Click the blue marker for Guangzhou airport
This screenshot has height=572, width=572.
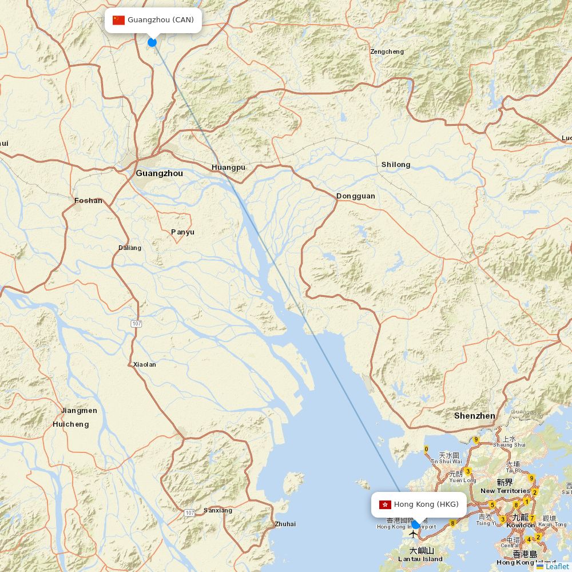click(x=152, y=42)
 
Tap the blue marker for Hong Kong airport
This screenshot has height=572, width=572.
click(x=416, y=524)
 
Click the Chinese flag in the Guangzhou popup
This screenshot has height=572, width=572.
click(x=118, y=20)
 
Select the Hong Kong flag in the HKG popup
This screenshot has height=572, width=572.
click(x=384, y=505)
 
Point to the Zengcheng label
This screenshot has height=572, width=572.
click(x=387, y=51)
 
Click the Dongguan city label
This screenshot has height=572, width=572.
click(x=356, y=196)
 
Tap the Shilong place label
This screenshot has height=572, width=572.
click(x=396, y=165)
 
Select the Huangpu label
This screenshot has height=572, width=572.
click(x=228, y=167)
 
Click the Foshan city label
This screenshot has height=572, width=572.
click(x=89, y=201)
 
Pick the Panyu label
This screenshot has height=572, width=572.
click(x=182, y=232)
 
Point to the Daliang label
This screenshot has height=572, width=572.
click(x=130, y=248)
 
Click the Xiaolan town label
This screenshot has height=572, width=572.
click(x=144, y=364)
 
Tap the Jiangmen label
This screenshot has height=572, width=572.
click(x=79, y=411)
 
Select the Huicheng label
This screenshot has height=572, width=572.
click(x=71, y=424)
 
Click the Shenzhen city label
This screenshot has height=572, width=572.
click(x=474, y=416)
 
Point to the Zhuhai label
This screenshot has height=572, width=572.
click(x=285, y=524)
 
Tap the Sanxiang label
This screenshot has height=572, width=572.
click(x=218, y=510)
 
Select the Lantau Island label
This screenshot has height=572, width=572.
click(x=420, y=559)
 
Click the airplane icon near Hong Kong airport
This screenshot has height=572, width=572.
click(x=413, y=535)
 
